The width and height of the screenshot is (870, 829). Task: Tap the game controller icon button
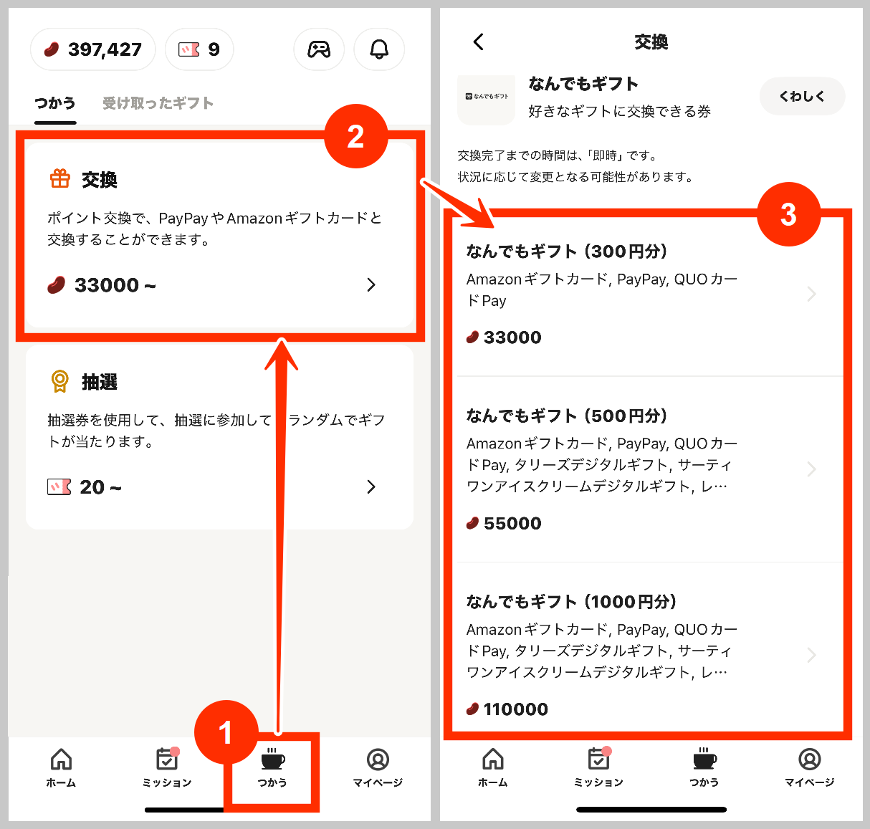click(319, 49)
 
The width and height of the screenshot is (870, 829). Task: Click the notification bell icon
click(379, 49)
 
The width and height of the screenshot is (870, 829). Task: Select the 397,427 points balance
click(93, 49)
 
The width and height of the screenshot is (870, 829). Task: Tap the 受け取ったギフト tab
click(158, 103)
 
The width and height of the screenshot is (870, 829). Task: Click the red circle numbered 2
click(355, 136)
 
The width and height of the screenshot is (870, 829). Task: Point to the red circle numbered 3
click(788, 214)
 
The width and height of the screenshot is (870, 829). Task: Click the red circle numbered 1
click(226, 732)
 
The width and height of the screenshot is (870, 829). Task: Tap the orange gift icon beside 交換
click(60, 178)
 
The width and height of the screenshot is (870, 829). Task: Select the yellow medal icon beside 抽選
click(60, 381)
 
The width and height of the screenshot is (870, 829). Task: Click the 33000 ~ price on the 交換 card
click(102, 285)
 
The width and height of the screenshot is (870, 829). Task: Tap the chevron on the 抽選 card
click(371, 487)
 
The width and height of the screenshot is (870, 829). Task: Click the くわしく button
click(802, 96)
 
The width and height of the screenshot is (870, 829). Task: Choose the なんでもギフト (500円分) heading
click(567, 416)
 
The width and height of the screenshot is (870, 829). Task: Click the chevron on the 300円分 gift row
click(811, 294)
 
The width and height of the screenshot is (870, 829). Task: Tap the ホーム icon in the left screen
click(62, 759)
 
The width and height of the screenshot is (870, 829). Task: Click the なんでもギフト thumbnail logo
click(486, 96)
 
